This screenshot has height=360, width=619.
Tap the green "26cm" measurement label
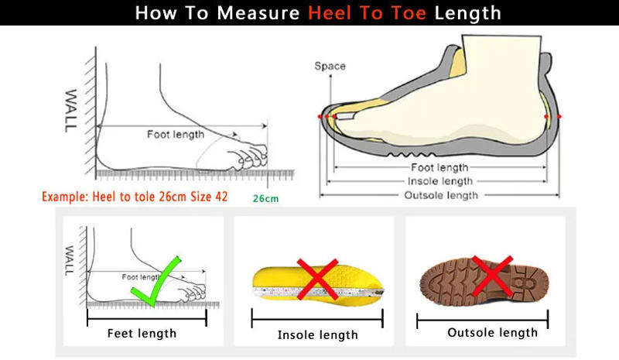[265, 198]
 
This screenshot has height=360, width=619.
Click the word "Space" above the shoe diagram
[330, 66]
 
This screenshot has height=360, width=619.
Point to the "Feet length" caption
[142, 333]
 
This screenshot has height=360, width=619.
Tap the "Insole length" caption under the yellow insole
[317, 334]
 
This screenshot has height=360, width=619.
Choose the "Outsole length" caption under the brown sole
[492, 332]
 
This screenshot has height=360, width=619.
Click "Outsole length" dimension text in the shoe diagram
[441, 194]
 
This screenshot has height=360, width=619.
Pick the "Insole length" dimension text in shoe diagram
[440, 181]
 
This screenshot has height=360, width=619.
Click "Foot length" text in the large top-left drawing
[176, 134]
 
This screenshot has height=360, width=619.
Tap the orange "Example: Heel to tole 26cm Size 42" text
[135, 196]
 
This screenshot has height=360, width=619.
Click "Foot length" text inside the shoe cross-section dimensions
[439, 167]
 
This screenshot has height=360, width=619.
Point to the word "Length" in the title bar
[467, 13]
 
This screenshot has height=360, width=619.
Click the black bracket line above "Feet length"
[146, 315]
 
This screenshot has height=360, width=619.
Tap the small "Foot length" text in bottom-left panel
[140, 276]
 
